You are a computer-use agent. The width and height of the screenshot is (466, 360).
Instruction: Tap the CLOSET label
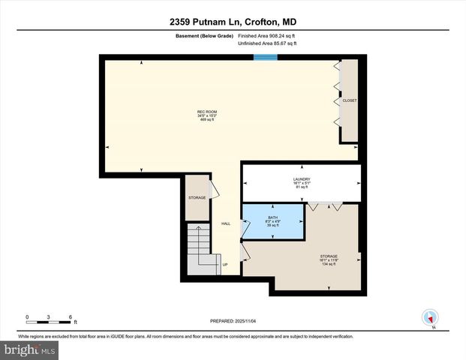click(x=349, y=100)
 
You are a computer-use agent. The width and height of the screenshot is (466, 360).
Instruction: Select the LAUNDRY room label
click(x=302, y=179)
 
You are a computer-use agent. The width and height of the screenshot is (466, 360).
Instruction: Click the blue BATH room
click(x=272, y=221)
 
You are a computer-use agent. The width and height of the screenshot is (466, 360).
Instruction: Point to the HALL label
click(x=225, y=223)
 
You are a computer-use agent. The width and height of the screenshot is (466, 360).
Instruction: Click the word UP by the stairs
click(x=224, y=264)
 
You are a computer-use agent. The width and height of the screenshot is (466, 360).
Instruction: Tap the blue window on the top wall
click(x=263, y=56)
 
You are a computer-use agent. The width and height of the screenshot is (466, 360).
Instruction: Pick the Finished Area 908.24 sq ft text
click(x=268, y=34)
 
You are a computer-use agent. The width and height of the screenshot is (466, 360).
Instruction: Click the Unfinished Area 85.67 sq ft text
click(x=268, y=43)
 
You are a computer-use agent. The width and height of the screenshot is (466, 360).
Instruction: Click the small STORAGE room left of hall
click(x=197, y=198)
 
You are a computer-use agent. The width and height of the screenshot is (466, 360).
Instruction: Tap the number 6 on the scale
click(x=69, y=316)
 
